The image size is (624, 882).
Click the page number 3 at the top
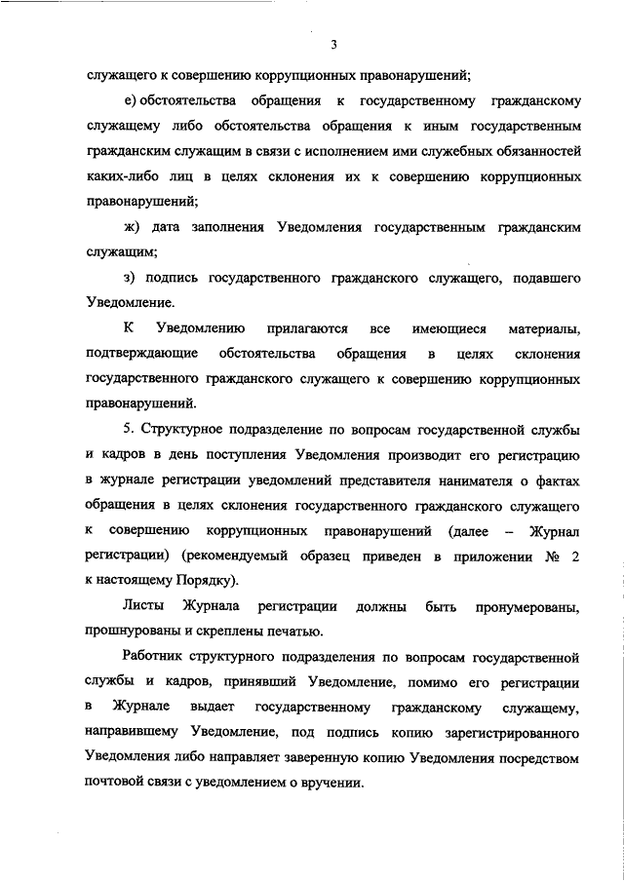click(x=333, y=44)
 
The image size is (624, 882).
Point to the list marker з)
click(x=132, y=278)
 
